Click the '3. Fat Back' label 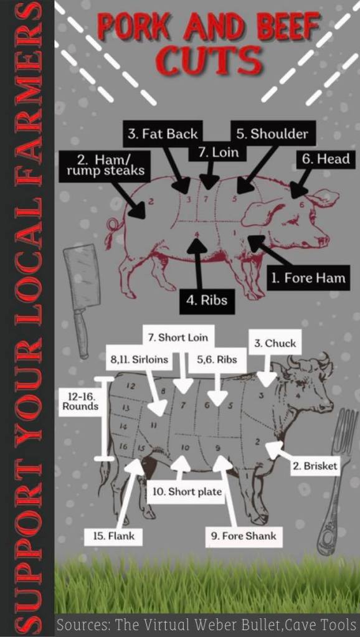pos(163,134)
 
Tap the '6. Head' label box pos(326,159)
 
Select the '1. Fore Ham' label pos(308,278)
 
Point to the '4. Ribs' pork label pos(207,301)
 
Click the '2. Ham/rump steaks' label pos(105,166)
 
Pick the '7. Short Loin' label pos(178,337)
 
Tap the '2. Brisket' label pos(315,466)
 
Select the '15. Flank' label pos(114,536)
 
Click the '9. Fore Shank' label pos(244,536)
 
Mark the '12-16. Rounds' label pos(79,402)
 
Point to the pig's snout pos(324,240)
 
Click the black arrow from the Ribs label pos(198,264)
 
